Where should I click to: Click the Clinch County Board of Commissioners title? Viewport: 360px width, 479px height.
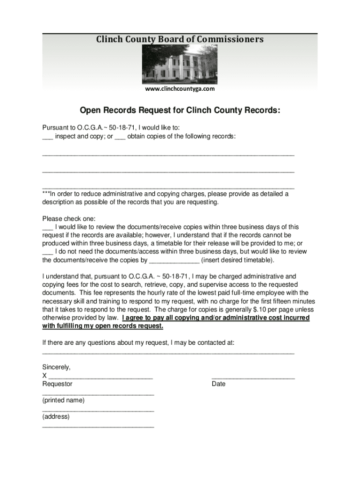180,39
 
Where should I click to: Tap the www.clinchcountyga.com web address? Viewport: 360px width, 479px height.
180,89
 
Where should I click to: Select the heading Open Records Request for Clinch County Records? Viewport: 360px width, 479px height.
180,111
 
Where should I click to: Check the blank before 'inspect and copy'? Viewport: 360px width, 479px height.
47,137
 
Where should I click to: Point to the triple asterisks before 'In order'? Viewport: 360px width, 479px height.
46,194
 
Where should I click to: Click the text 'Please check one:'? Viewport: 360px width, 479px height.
69,218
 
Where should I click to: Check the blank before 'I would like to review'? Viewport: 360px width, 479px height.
47,227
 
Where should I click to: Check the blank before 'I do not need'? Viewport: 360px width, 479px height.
47,252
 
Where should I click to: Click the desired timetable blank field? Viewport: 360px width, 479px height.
173,261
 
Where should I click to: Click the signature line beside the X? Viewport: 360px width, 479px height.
101,376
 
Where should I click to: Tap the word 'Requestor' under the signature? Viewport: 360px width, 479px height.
58,384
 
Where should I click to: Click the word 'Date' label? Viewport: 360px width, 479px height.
218,384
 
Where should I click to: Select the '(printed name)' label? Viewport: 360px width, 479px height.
64,400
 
